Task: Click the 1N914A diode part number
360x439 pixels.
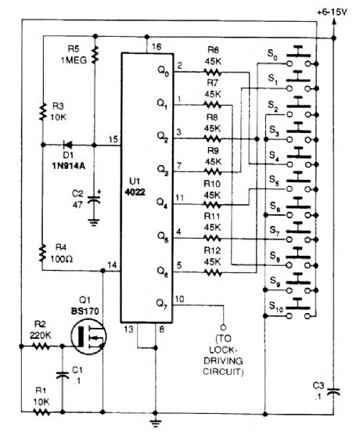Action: [x=63, y=165]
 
